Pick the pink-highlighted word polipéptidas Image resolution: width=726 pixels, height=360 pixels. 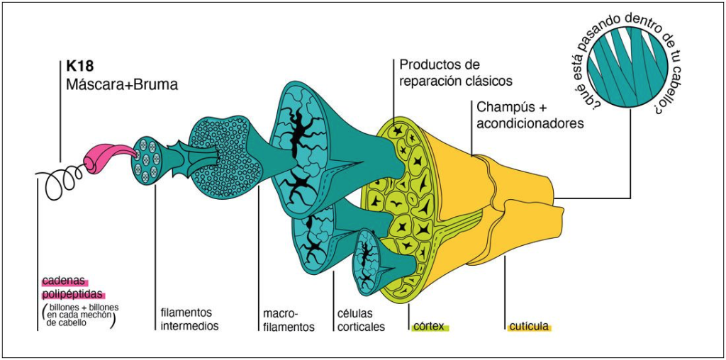(x=73, y=295)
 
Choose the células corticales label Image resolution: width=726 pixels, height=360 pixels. (x=361, y=320)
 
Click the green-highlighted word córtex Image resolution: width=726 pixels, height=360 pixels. (x=429, y=327)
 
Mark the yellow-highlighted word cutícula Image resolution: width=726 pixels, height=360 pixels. (x=530, y=327)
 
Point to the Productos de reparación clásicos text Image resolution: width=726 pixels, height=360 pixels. (x=455, y=73)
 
